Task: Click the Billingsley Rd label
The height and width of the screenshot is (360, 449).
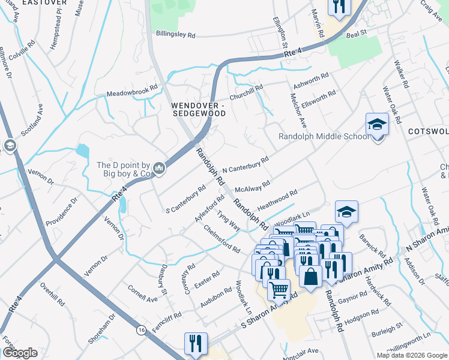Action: tap(175, 35)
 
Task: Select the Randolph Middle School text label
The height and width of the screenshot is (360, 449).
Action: tap(324, 136)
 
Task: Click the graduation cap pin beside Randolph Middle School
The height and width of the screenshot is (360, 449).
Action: tap(377, 125)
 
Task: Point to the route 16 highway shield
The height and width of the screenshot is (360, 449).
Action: tap(141, 330)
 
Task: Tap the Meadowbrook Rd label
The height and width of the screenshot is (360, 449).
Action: tap(132, 94)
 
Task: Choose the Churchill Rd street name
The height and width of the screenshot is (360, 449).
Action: tap(247, 93)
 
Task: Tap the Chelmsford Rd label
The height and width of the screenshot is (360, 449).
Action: tap(221, 239)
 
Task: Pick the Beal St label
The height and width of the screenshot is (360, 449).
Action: tap(356, 35)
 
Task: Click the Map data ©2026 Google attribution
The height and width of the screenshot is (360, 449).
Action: tap(411, 355)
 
